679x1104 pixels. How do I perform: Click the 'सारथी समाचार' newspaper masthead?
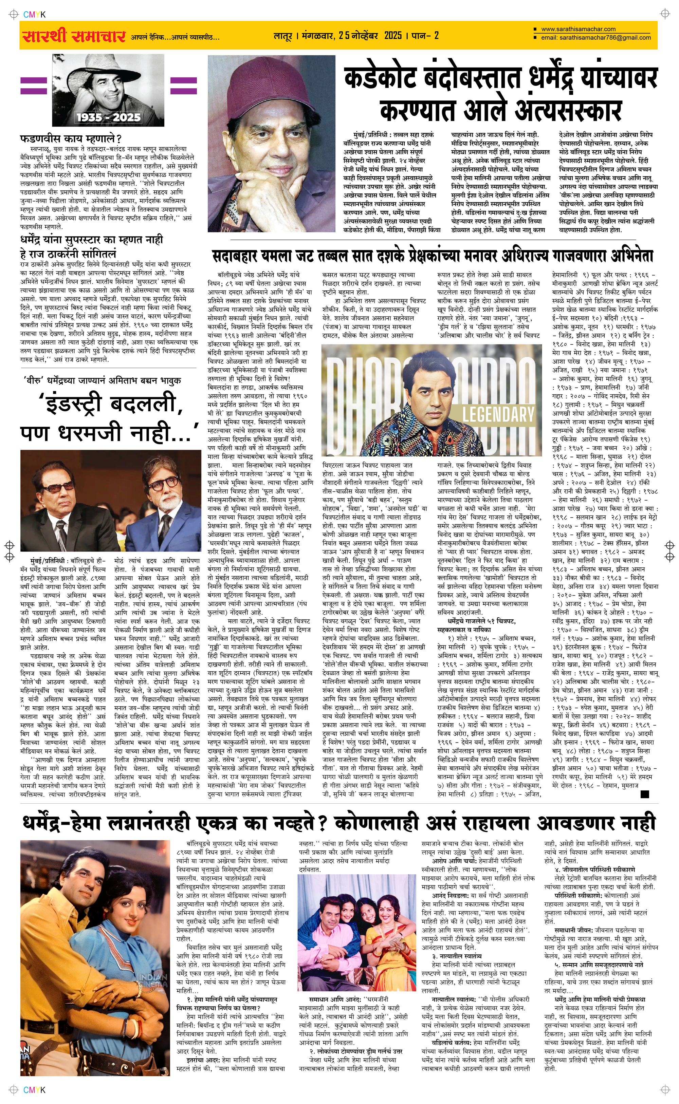coord(73,36)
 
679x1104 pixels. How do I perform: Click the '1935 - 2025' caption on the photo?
coord(108,117)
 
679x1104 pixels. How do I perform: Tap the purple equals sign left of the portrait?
coord(34,85)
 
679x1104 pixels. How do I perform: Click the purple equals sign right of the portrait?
coord(184,85)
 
